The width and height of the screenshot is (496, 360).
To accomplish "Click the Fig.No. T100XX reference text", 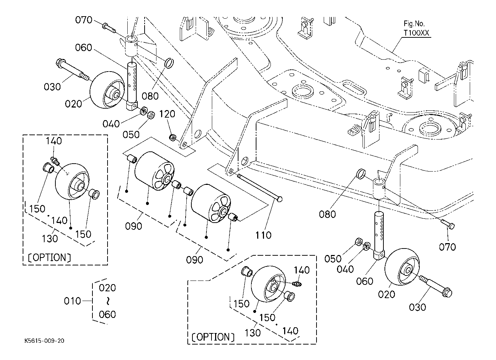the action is tap(416, 28).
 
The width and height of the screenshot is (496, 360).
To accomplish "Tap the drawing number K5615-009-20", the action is tap(44, 341).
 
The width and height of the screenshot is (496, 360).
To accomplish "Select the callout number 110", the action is tap(263, 235).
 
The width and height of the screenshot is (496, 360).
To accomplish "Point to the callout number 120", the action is tap(167, 114).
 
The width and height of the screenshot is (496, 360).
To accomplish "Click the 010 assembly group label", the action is tap(72, 301).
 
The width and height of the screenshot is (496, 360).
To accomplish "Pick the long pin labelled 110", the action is tap(260, 187).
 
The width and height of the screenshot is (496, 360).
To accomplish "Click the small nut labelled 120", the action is tap(173, 137).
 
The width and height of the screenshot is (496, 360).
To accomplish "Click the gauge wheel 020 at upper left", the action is tap(108, 90).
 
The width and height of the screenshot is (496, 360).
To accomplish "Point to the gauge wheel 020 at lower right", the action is tap(402, 266).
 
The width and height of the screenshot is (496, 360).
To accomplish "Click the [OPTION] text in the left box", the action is tap(50, 258).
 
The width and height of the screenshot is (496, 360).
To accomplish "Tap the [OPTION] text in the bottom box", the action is tap(213, 337).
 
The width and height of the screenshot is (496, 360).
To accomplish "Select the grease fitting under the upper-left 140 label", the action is tap(55, 161).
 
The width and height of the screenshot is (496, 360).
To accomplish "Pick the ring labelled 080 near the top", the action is tap(169, 64).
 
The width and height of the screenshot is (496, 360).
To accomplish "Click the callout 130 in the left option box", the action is tap(50, 238).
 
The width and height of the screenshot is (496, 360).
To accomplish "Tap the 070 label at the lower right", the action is tap(447, 247).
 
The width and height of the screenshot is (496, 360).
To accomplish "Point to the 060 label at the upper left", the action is tap(83, 47).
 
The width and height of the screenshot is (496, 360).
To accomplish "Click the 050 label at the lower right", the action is tap(333, 259).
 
